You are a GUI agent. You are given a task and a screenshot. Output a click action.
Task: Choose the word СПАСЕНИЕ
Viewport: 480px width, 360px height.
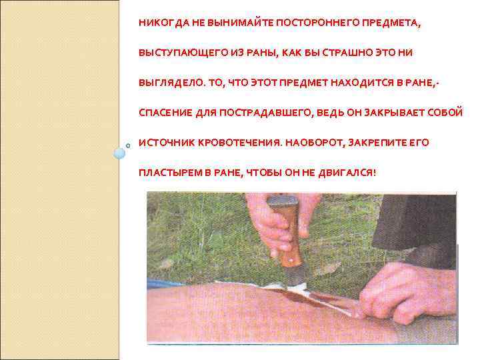pyautogui.click(x=163, y=113)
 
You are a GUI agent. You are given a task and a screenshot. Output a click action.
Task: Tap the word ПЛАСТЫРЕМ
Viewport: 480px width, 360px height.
pyautogui.click(x=169, y=173)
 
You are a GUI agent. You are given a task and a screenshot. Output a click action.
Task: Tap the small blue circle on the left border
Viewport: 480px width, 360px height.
pyautogui.click(x=119, y=153)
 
